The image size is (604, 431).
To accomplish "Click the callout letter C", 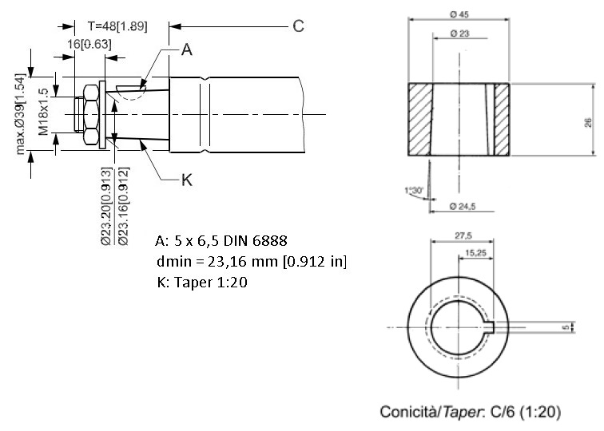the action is (x=298, y=26).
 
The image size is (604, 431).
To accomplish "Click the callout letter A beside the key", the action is (x=187, y=49).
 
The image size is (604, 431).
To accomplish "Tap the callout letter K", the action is (x=187, y=180).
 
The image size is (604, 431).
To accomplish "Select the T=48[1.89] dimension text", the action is (x=117, y=26).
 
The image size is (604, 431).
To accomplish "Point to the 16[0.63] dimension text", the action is (x=89, y=44).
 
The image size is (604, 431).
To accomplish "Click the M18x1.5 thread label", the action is (x=43, y=112).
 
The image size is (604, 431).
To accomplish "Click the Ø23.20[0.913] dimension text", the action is (x=107, y=206).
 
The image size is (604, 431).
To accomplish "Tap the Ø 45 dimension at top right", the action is (x=459, y=14).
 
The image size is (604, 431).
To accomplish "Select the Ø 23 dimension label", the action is (x=460, y=34).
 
